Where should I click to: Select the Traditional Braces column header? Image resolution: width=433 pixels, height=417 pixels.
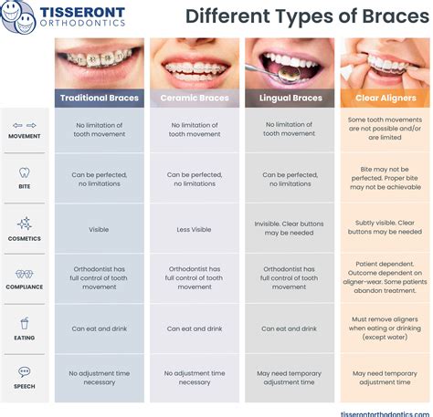[100, 98]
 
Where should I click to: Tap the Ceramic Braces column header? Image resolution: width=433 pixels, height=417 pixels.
[194, 98]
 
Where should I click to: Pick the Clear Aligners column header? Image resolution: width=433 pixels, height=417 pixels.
[385, 98]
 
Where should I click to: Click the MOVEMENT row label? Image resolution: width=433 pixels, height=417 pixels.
[25, 135]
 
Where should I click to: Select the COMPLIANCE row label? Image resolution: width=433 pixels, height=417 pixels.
[25, 287]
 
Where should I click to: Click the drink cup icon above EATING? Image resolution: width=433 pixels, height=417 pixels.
[25, 322]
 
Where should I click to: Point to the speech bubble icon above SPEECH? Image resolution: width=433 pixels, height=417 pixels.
[25, 372]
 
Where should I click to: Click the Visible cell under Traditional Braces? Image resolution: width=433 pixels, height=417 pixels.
[100, 229]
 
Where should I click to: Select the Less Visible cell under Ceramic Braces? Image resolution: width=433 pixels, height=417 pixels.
[194, 229]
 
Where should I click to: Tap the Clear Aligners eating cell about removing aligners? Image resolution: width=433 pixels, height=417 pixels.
[385, 328]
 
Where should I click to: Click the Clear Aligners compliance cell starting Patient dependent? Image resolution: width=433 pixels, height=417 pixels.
[385, 277]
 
